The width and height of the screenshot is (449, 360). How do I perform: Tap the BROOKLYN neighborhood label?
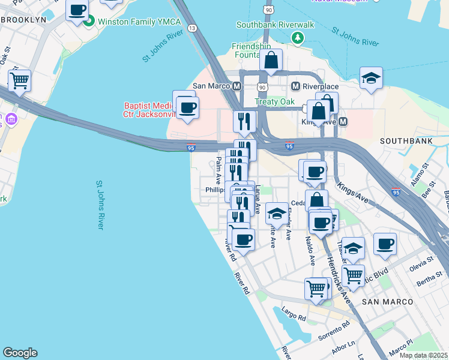tap(24, 20)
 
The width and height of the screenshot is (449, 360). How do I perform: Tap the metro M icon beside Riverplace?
tap(295, 86)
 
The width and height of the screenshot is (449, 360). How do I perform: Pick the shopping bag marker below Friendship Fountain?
tap(271, 60)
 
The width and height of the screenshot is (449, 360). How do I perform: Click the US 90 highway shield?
tap(268, 10)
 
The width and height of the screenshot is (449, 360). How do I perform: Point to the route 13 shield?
tap(192, 28)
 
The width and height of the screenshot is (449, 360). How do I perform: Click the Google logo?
tap(20, 353)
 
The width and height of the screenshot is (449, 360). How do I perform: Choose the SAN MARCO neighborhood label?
tap(388, 301)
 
